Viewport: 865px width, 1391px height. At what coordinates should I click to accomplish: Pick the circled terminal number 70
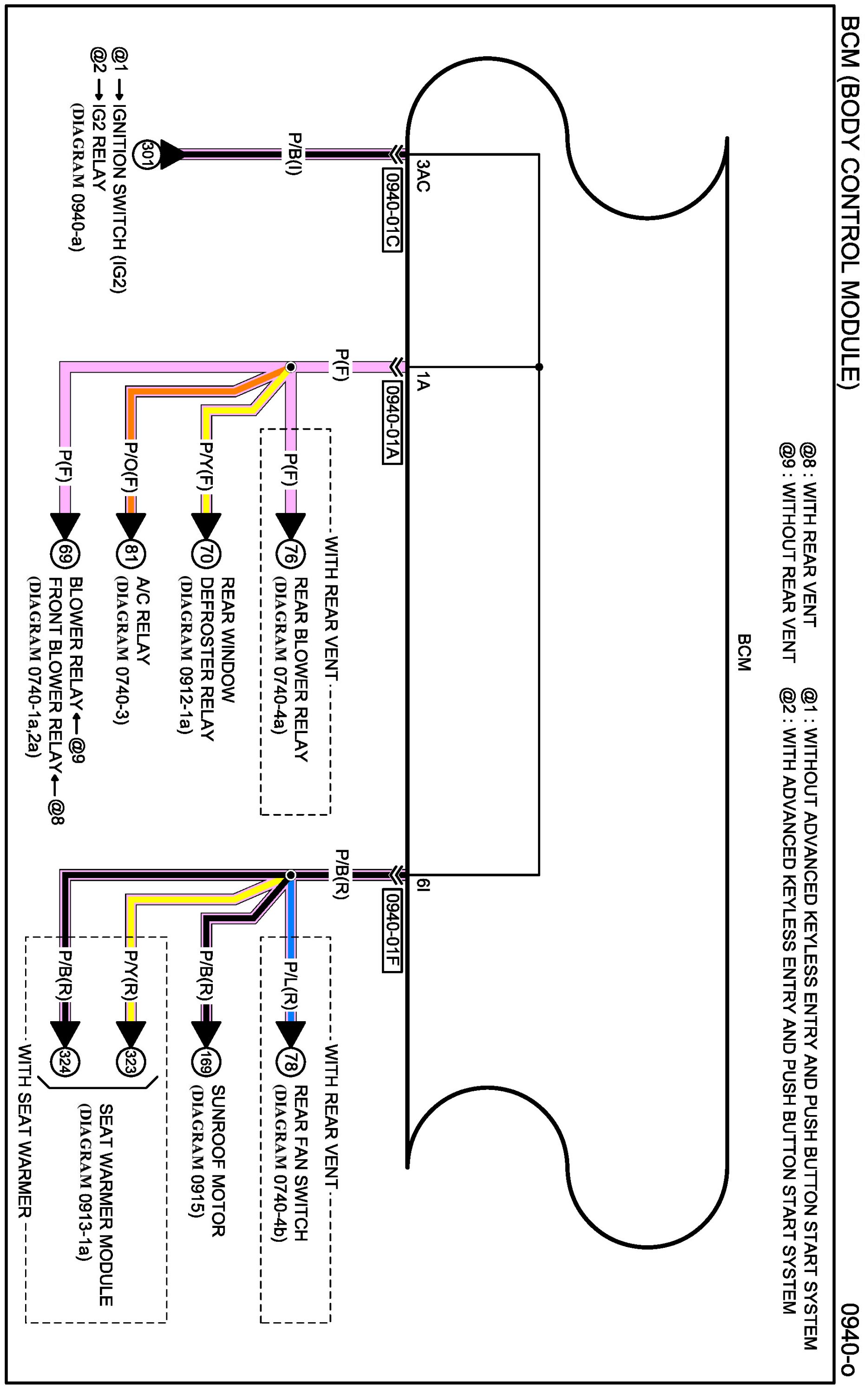point(206,554)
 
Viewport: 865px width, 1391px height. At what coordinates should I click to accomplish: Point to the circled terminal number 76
point(291,554)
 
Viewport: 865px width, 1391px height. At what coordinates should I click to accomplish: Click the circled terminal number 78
point(291,1062)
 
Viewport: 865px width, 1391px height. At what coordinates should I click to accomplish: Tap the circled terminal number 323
point(131,1062)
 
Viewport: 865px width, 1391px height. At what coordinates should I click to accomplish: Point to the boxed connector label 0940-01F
point(392,931)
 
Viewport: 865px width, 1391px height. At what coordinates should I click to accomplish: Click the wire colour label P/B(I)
point(295,153)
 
